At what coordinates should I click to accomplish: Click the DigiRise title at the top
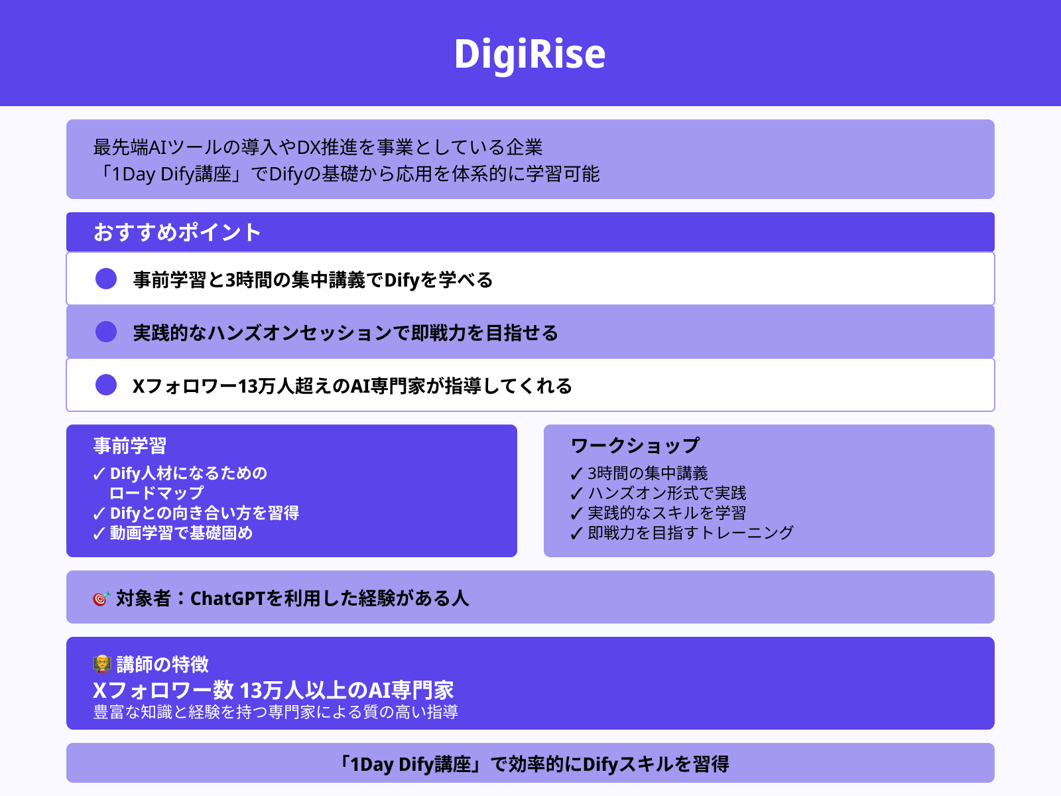(x=529, y=54)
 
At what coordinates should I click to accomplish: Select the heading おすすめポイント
(x=177, y=232)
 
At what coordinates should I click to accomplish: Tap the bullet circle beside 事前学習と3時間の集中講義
(x=106, y=279)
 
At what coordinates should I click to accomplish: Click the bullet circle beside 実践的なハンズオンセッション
(x=106, y=332)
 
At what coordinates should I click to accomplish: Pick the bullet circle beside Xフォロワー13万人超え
(x=106, y=385)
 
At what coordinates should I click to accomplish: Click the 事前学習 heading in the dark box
(x=130, y=446)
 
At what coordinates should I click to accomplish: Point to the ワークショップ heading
(x=635, y=446)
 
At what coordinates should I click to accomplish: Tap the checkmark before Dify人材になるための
(x=99, y=474)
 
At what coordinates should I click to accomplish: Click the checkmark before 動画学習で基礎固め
(x=99, y=533)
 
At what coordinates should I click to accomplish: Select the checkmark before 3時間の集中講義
(x=576, y=474)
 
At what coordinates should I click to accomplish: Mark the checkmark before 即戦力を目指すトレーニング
(x=576, y=533)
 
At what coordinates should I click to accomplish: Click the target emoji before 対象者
(x=101, y=598)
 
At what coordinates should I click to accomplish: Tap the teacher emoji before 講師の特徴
(x=101, y=664)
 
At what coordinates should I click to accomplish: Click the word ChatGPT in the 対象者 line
(x=227, y=598)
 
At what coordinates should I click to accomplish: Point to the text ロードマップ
(x=156, y=493)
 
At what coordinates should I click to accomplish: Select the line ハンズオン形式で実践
(x=666, y=493)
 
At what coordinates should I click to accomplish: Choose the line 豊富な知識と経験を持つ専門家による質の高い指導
(x=276, y=712)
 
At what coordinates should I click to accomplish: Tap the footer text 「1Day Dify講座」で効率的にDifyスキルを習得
(x=533, y=764)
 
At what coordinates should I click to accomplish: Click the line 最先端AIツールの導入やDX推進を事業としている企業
(x=318, y=147)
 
